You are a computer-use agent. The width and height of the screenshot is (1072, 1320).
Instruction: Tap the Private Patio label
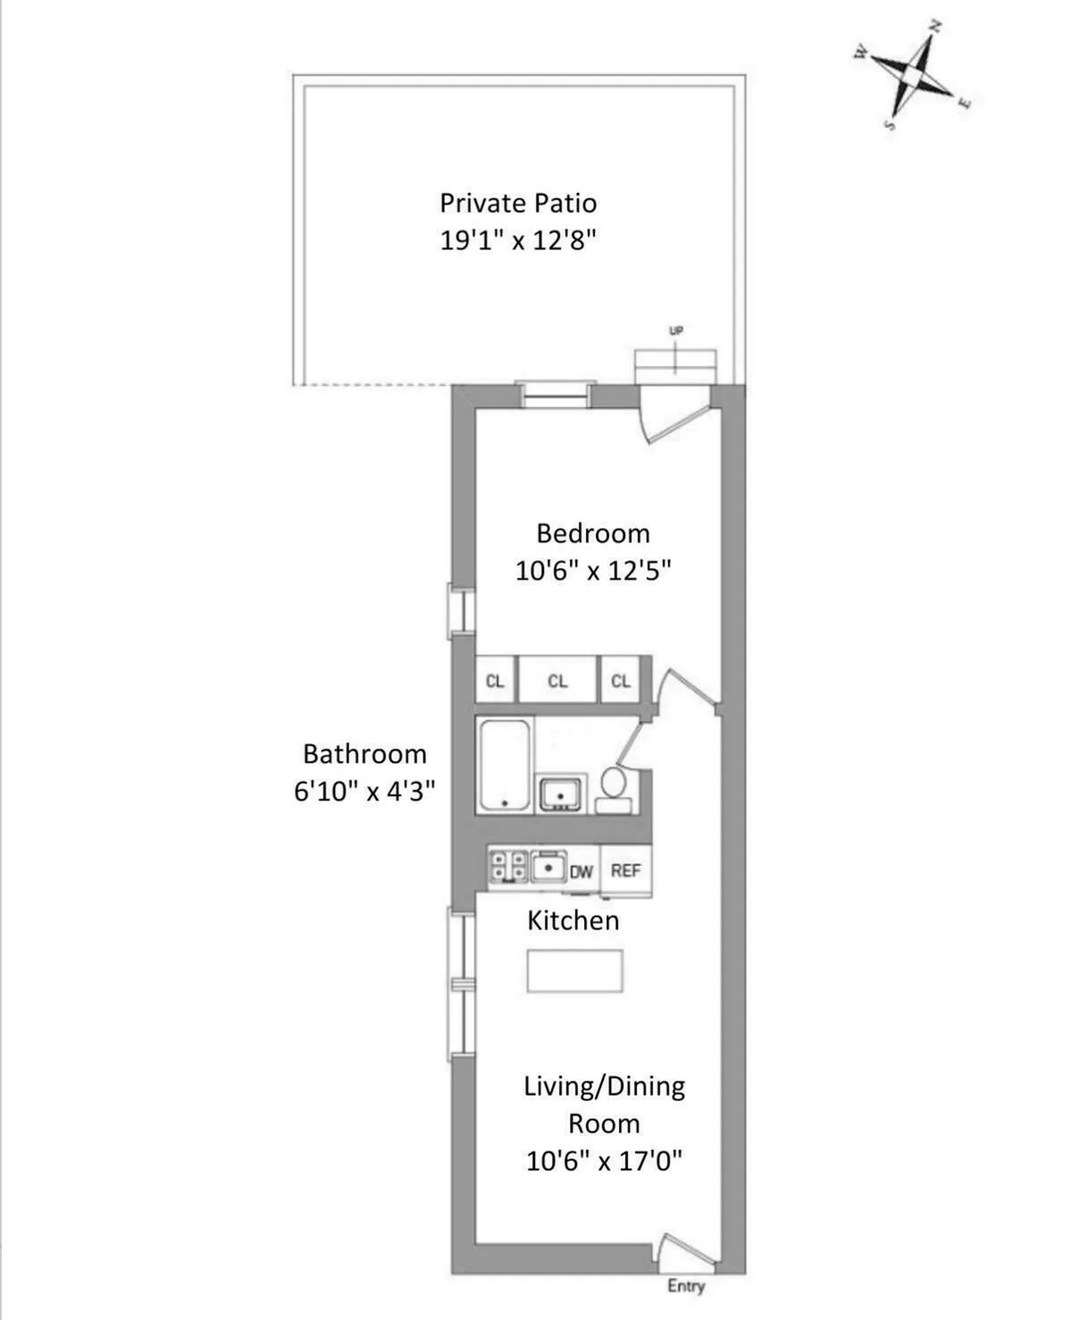click(517, 203)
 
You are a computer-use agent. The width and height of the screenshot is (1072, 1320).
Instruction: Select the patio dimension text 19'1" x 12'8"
click(517, 240)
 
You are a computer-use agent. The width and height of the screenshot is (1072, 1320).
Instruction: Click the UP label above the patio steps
click(676, 330)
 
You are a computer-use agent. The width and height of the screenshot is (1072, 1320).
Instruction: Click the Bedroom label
click(592, 533)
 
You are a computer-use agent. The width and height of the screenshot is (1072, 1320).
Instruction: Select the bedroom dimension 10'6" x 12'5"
click(592, 570)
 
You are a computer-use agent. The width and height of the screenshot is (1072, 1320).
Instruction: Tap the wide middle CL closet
click(557, 681)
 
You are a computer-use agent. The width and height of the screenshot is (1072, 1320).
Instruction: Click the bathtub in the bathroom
click(506, 764)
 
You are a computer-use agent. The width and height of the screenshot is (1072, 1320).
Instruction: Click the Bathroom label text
click(364, 754)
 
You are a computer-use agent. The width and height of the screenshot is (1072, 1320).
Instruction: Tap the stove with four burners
click(509, 867)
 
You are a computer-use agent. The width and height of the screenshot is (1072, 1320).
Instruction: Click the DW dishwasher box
click(581, 871)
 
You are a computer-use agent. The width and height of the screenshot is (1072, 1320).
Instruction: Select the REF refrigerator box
click(625, 870)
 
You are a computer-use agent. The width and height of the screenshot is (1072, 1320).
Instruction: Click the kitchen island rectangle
click(574, 971)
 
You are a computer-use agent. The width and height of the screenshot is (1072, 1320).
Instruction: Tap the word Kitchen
click(573, 921)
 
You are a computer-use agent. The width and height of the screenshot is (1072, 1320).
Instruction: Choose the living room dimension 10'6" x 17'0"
click(604, 1161)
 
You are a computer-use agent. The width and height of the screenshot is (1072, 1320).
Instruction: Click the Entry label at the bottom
click(685, 1285)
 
